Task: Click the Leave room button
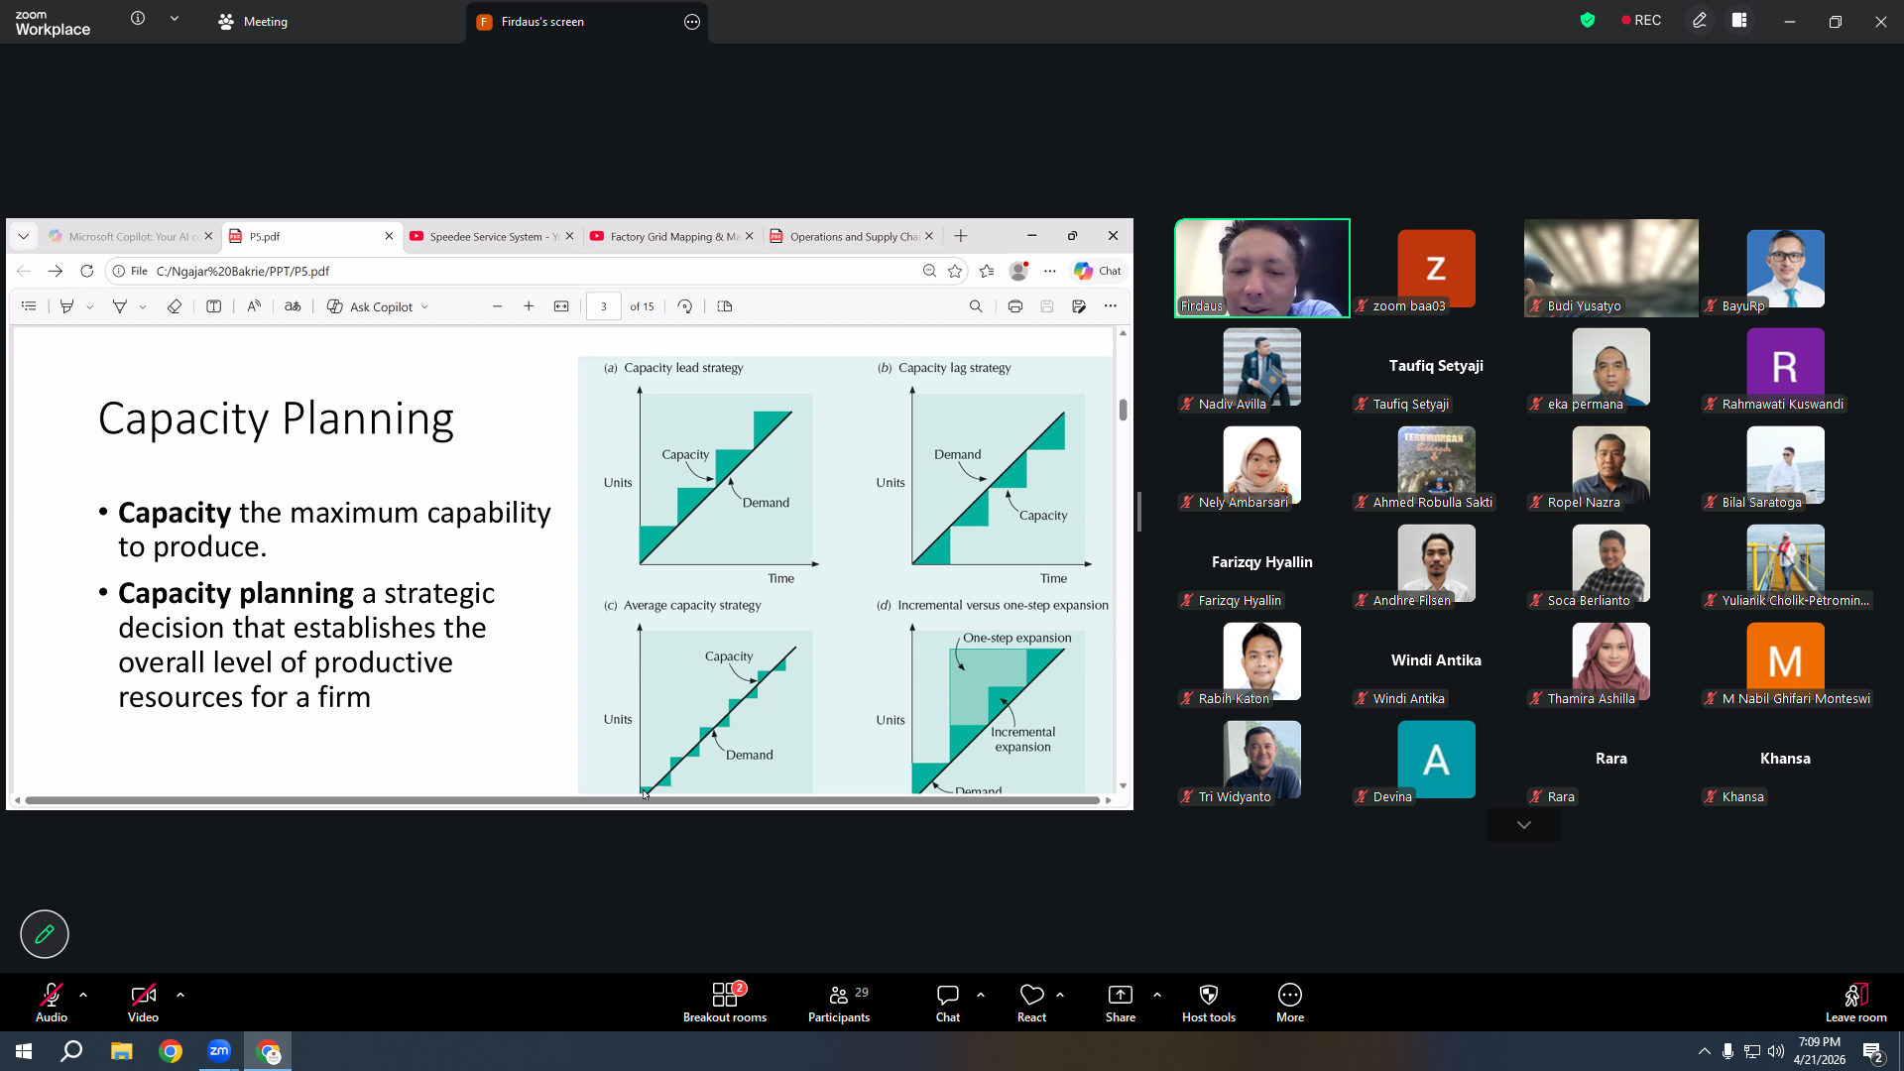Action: click(1855, 1002)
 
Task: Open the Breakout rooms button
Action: click(725, 1002)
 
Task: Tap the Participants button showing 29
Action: click(839, 1002)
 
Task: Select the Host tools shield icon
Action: click(1209, 995)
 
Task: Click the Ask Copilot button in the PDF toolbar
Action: click(378, 306)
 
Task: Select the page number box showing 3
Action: click(603, 306)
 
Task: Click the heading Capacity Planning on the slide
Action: click(276, 418)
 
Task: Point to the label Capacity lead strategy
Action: click(683, 368)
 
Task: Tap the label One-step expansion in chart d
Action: click(1017, 638)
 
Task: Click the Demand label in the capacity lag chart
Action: click(957, 454)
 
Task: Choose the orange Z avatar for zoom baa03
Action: click(1436, 268)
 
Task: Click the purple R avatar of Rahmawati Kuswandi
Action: click(1785, 366)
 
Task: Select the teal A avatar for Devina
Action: click(1436, 760)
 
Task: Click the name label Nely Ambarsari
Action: click(1243, 503)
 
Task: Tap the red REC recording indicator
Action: click(1641, 21)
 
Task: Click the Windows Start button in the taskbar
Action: click(24, 1051)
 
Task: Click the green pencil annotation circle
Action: click(45, 934)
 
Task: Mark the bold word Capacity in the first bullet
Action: click(175, 513)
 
